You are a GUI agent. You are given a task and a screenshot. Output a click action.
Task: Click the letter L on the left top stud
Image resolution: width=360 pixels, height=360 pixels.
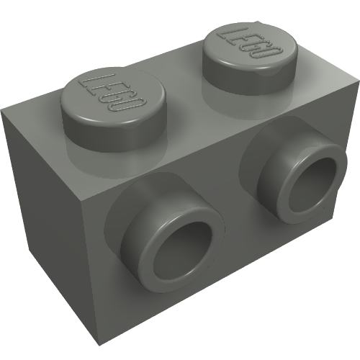(89, 80)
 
